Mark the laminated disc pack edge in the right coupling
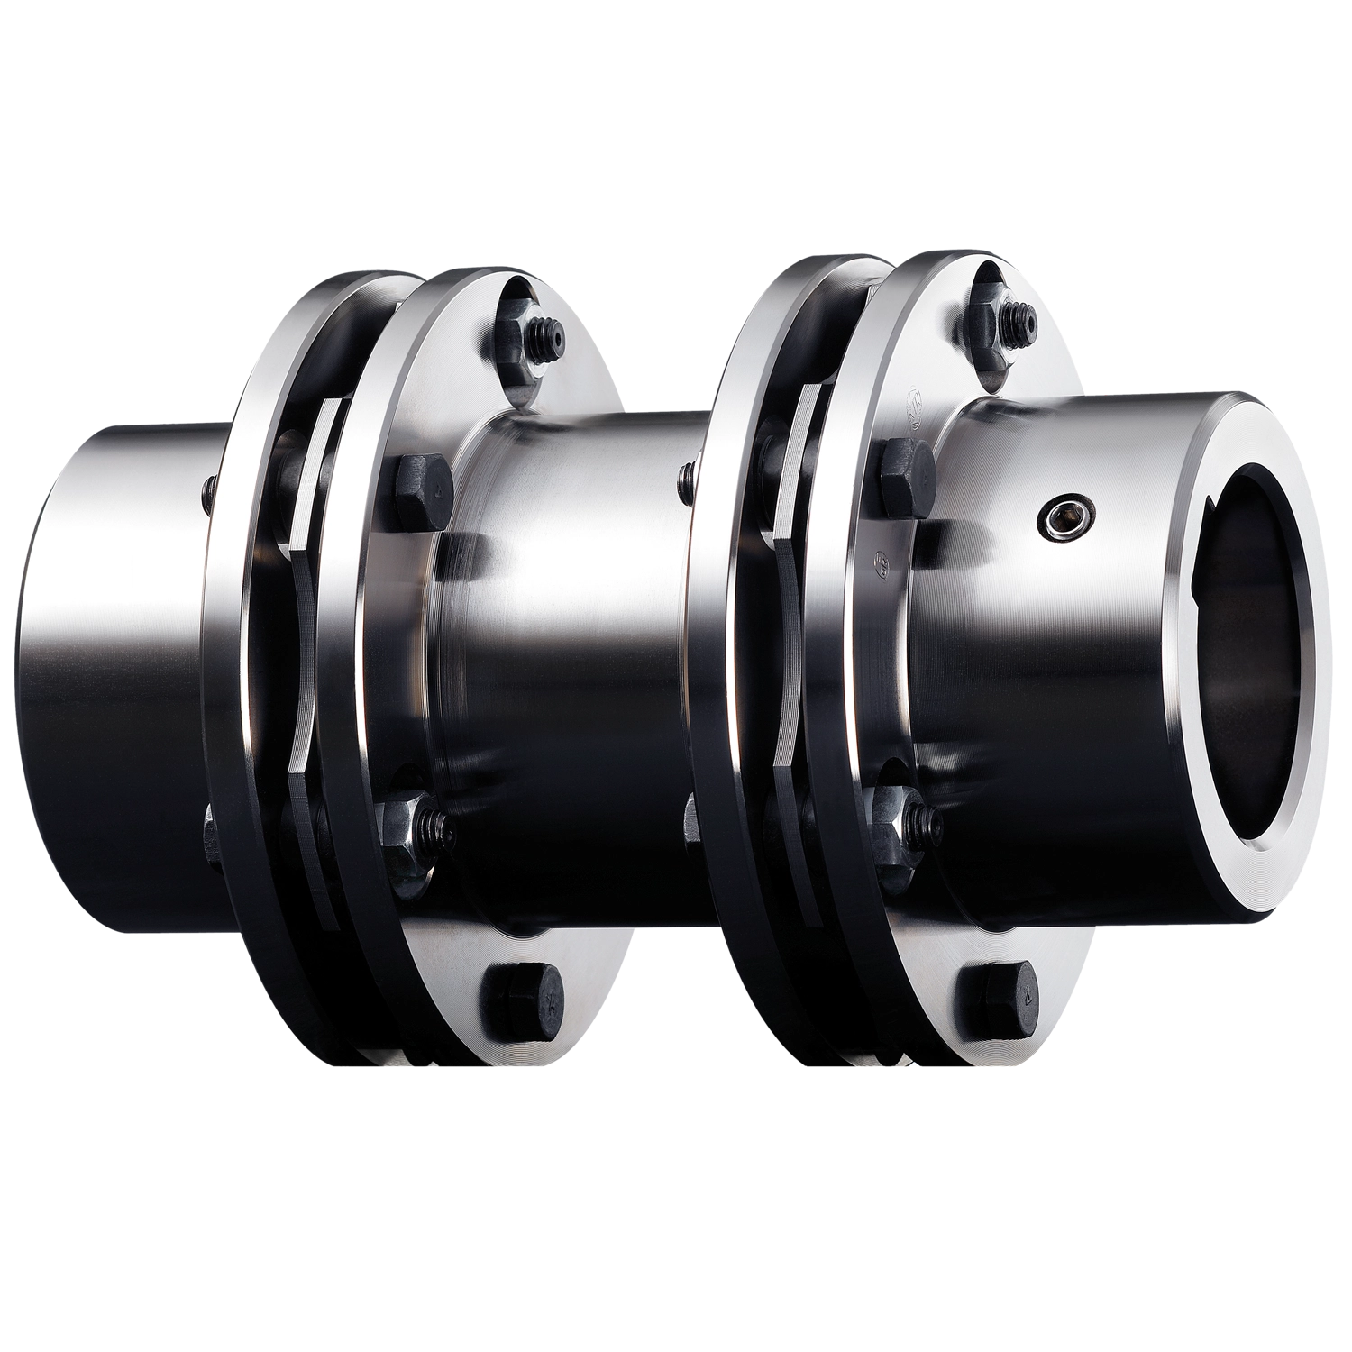coord(793,613)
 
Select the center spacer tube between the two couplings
coord(577,631)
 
